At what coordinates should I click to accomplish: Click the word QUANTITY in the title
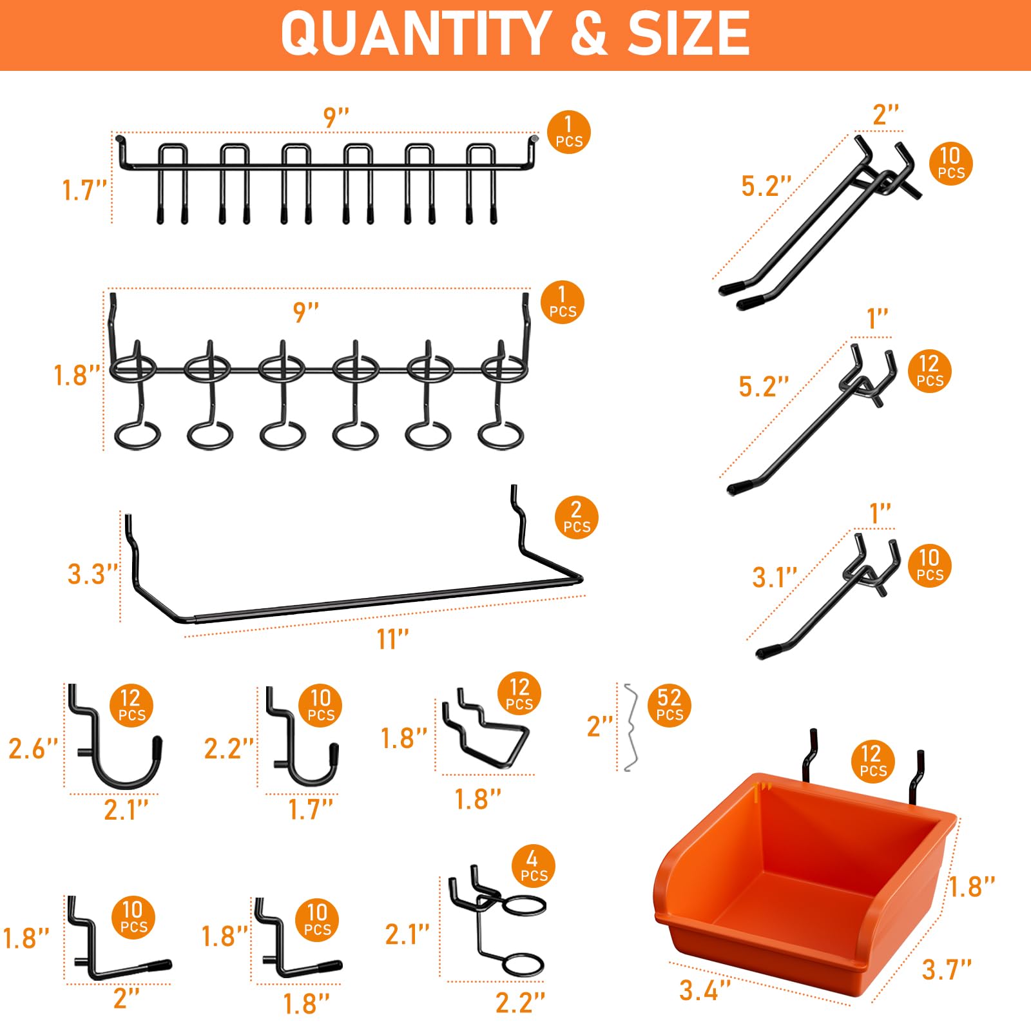click(x=415, y=34)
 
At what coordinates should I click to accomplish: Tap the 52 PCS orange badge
click(x=670, y=706)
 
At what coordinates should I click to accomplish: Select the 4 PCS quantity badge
click(x=534, y=866)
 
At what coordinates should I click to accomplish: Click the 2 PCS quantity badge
click(x=577, y=517)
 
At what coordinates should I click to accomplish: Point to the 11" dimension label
click(x=392, y=639)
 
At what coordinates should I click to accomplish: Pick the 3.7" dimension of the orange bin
click(x=947, y=969)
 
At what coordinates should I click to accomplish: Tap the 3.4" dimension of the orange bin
click(x=705, y=990)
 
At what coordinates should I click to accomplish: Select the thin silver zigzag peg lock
click(x=630, y=727)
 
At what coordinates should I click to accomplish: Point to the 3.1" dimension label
click(x=775, y=577)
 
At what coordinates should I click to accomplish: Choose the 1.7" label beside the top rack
click(x=84, y=190)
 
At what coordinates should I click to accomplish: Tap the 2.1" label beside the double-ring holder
click(x=407, y=934)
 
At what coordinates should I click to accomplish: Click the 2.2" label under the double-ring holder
click(x=520, y=1003)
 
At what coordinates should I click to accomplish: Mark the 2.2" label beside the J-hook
click(x=229, y=748)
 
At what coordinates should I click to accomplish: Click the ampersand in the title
click(x=588, y=34)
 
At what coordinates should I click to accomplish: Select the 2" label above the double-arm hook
click(x=885, y=115)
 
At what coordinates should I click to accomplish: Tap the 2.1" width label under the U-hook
click(x=126, y=810)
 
